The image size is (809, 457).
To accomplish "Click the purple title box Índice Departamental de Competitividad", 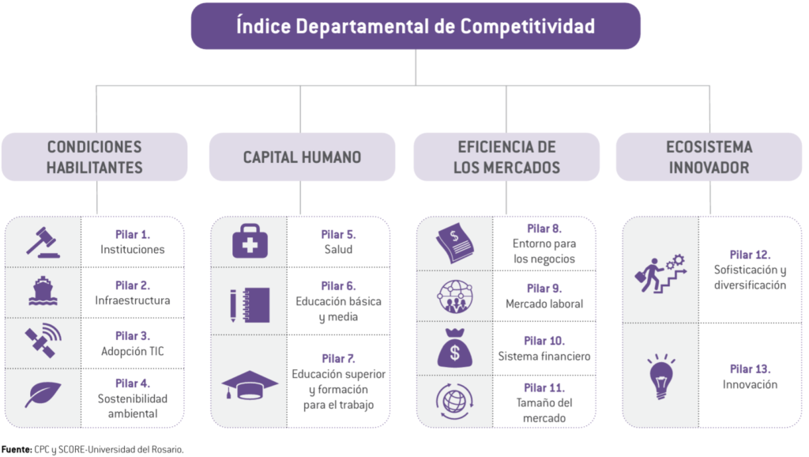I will point(415,26).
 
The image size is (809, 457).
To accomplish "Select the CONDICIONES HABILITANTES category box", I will point(95,157).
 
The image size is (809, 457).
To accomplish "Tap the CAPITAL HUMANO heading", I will point(302,157).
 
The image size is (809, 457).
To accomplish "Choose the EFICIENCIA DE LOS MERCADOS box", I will point(506,157).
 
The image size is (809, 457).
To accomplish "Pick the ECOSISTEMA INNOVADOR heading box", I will point(709,157).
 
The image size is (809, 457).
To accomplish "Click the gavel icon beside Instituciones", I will point(44,242).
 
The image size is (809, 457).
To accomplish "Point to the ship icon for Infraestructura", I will point(44,292).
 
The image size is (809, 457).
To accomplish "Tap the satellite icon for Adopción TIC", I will point(44,342).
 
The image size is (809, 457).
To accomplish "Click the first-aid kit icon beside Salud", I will point(250,241).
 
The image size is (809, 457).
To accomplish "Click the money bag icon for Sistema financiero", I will point(454,348).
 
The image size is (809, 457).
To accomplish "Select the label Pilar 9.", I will point(544,289).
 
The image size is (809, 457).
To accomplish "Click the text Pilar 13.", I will point(750,369).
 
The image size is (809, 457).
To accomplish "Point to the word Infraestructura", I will point(133,300).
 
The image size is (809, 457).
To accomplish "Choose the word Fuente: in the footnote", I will point(16,449).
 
